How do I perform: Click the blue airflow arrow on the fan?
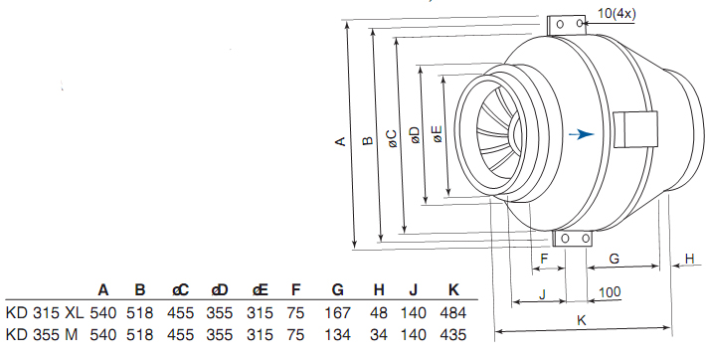pos(582,134)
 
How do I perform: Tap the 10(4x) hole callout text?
pos(617,14)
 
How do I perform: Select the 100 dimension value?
pos(610,292)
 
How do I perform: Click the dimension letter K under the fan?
pos(582,320)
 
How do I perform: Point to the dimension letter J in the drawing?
pos(543,294)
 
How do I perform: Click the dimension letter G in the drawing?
pos(615,259)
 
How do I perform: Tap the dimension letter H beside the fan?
pos(689,259)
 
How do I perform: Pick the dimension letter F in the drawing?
pos(544,260)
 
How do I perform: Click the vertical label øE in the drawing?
pos(438,134)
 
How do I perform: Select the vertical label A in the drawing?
pos(340,141)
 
